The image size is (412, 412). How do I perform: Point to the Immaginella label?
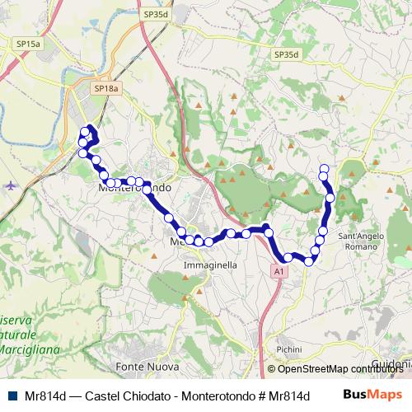210,266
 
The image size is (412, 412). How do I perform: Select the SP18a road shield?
106,87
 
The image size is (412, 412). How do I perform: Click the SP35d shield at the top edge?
154,14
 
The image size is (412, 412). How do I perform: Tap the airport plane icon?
9,185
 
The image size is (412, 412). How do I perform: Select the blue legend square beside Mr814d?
14,395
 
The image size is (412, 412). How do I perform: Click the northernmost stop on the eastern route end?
324,169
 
